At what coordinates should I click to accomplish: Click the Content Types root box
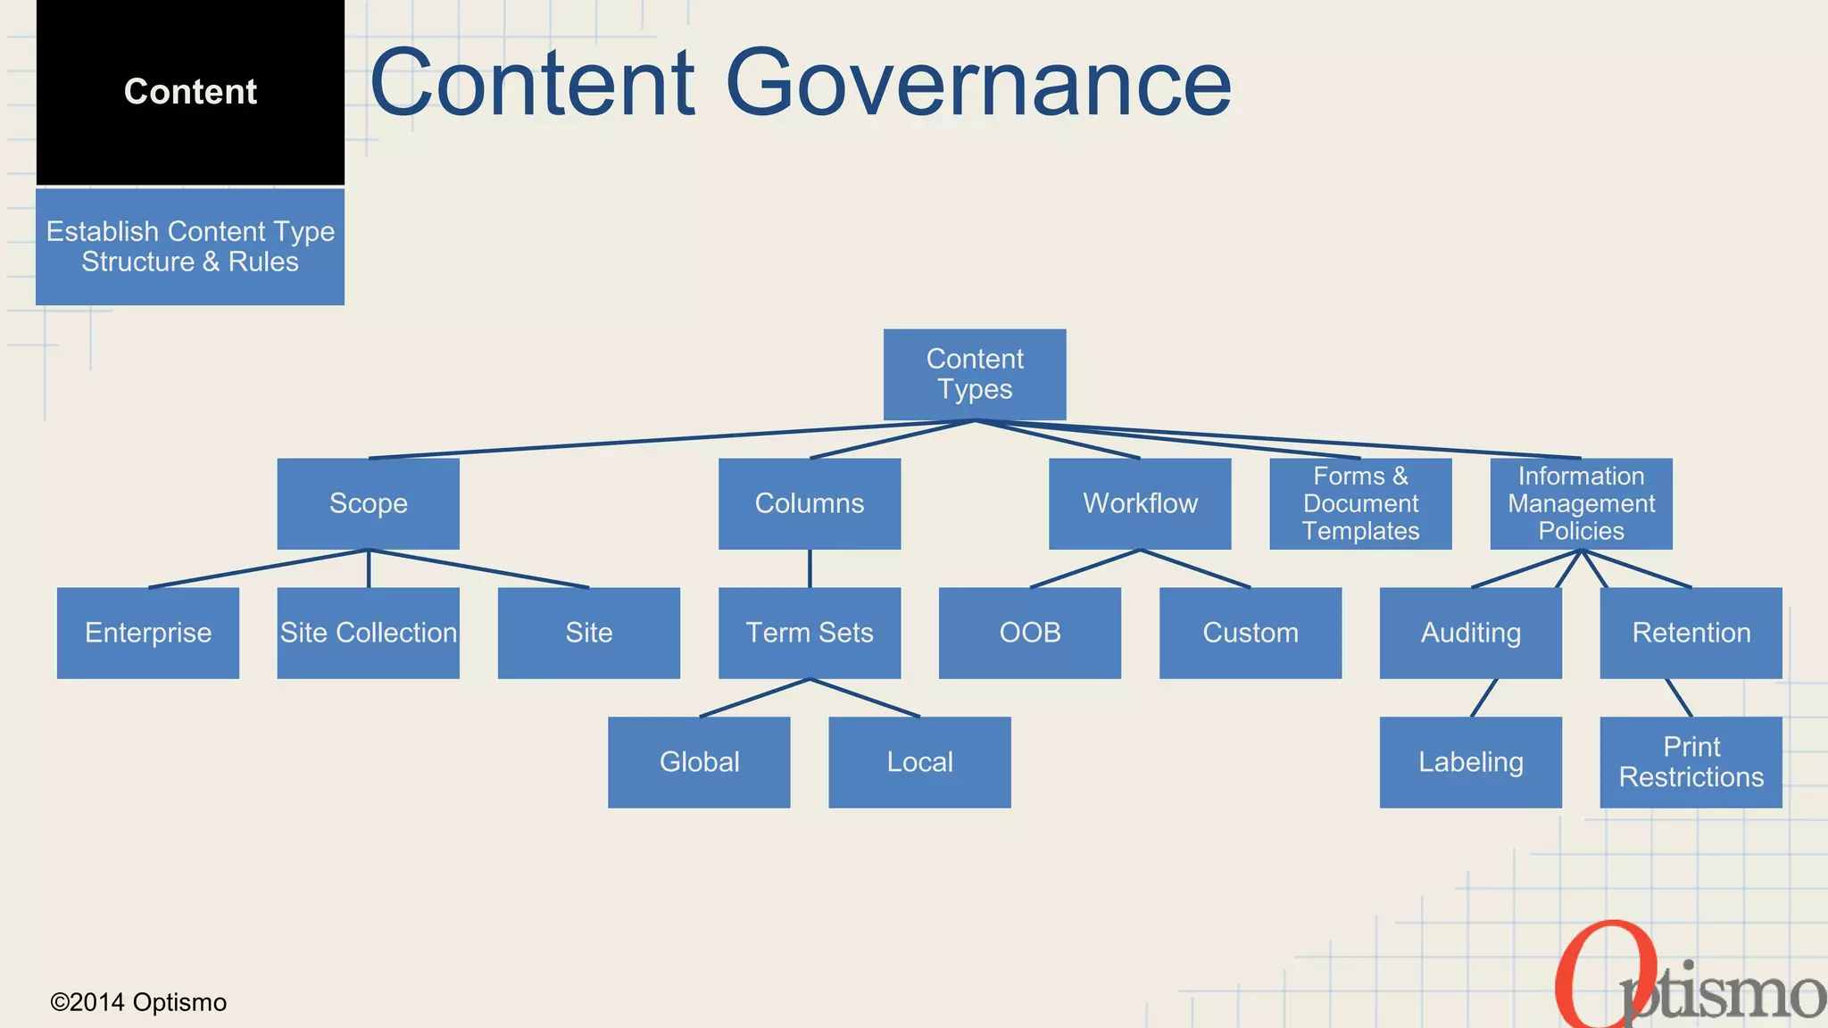[975, 374]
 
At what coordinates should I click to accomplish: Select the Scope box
[368, 503]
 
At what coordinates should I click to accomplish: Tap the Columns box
[809, 503]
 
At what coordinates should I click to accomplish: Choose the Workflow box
[1140, 503]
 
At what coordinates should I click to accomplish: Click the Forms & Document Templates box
[1360, 503]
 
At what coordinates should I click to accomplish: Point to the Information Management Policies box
[1581, 503]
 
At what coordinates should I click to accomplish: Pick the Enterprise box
[148, 633]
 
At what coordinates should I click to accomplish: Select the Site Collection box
[368, 633]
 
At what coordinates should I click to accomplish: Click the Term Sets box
[809, 633]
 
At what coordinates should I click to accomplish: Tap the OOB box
[1029, 633]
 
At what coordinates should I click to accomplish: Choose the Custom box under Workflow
[1250, 633]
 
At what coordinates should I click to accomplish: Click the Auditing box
[1470, 633]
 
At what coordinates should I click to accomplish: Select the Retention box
[1691, 633]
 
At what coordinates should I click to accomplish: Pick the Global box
[699, 762]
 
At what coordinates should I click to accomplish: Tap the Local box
[919, 762]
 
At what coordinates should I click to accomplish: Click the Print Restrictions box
[1691, 762]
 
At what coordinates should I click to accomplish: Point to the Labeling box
[1470, 762]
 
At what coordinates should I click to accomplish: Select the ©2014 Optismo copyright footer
[138, 1002]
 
